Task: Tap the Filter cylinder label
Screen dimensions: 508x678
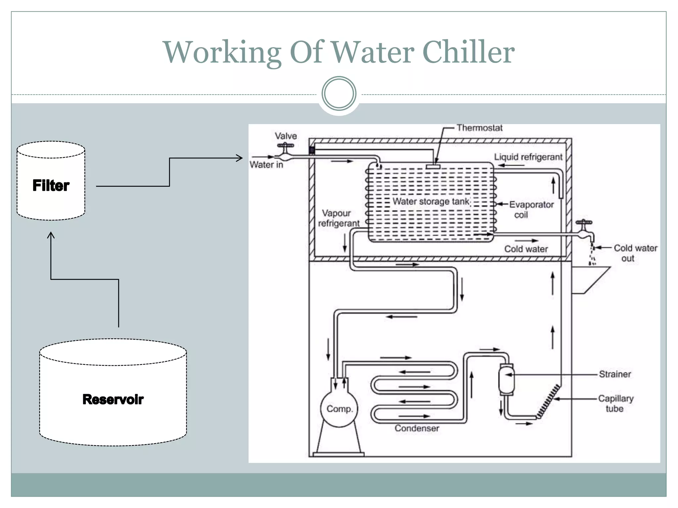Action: pyautogui.click(x=51, y=185)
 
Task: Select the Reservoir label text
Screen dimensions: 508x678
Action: pyautogui.click(x=113, y=399)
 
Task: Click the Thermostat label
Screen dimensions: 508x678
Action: pyautogui.click(x=479, y=128)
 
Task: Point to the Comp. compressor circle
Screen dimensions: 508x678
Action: pyautogui.click(x=339, y=408)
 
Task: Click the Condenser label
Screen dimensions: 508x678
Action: pyautogui.click(x=416, y=428)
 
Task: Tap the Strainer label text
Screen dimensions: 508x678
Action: pyautogui.click(x=615, y=374)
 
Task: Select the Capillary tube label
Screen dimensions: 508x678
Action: pyautogui.click(x=615, y=403)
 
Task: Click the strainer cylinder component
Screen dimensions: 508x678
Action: pyautogui.click(x=506, y=379)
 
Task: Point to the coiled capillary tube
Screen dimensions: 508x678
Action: pyautogui.click(x=548, y=402)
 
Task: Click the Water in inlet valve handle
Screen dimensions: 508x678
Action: pyautogui.click(x=285, y=146)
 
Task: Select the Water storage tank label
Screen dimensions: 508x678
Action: pyautogui.click(x=431, y=201)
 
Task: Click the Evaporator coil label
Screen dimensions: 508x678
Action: pyautogui.click(x=531, y=209)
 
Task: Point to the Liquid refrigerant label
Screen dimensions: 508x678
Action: pyautogui.click(x=528, y=157)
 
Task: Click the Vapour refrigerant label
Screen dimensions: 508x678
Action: pyautogui.click(x=338, y=218)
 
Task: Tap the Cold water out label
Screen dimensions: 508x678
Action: pyautogui.click(x=635, y=253)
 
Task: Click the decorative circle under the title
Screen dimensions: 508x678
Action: pyautogui.click(x=339, y=94)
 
